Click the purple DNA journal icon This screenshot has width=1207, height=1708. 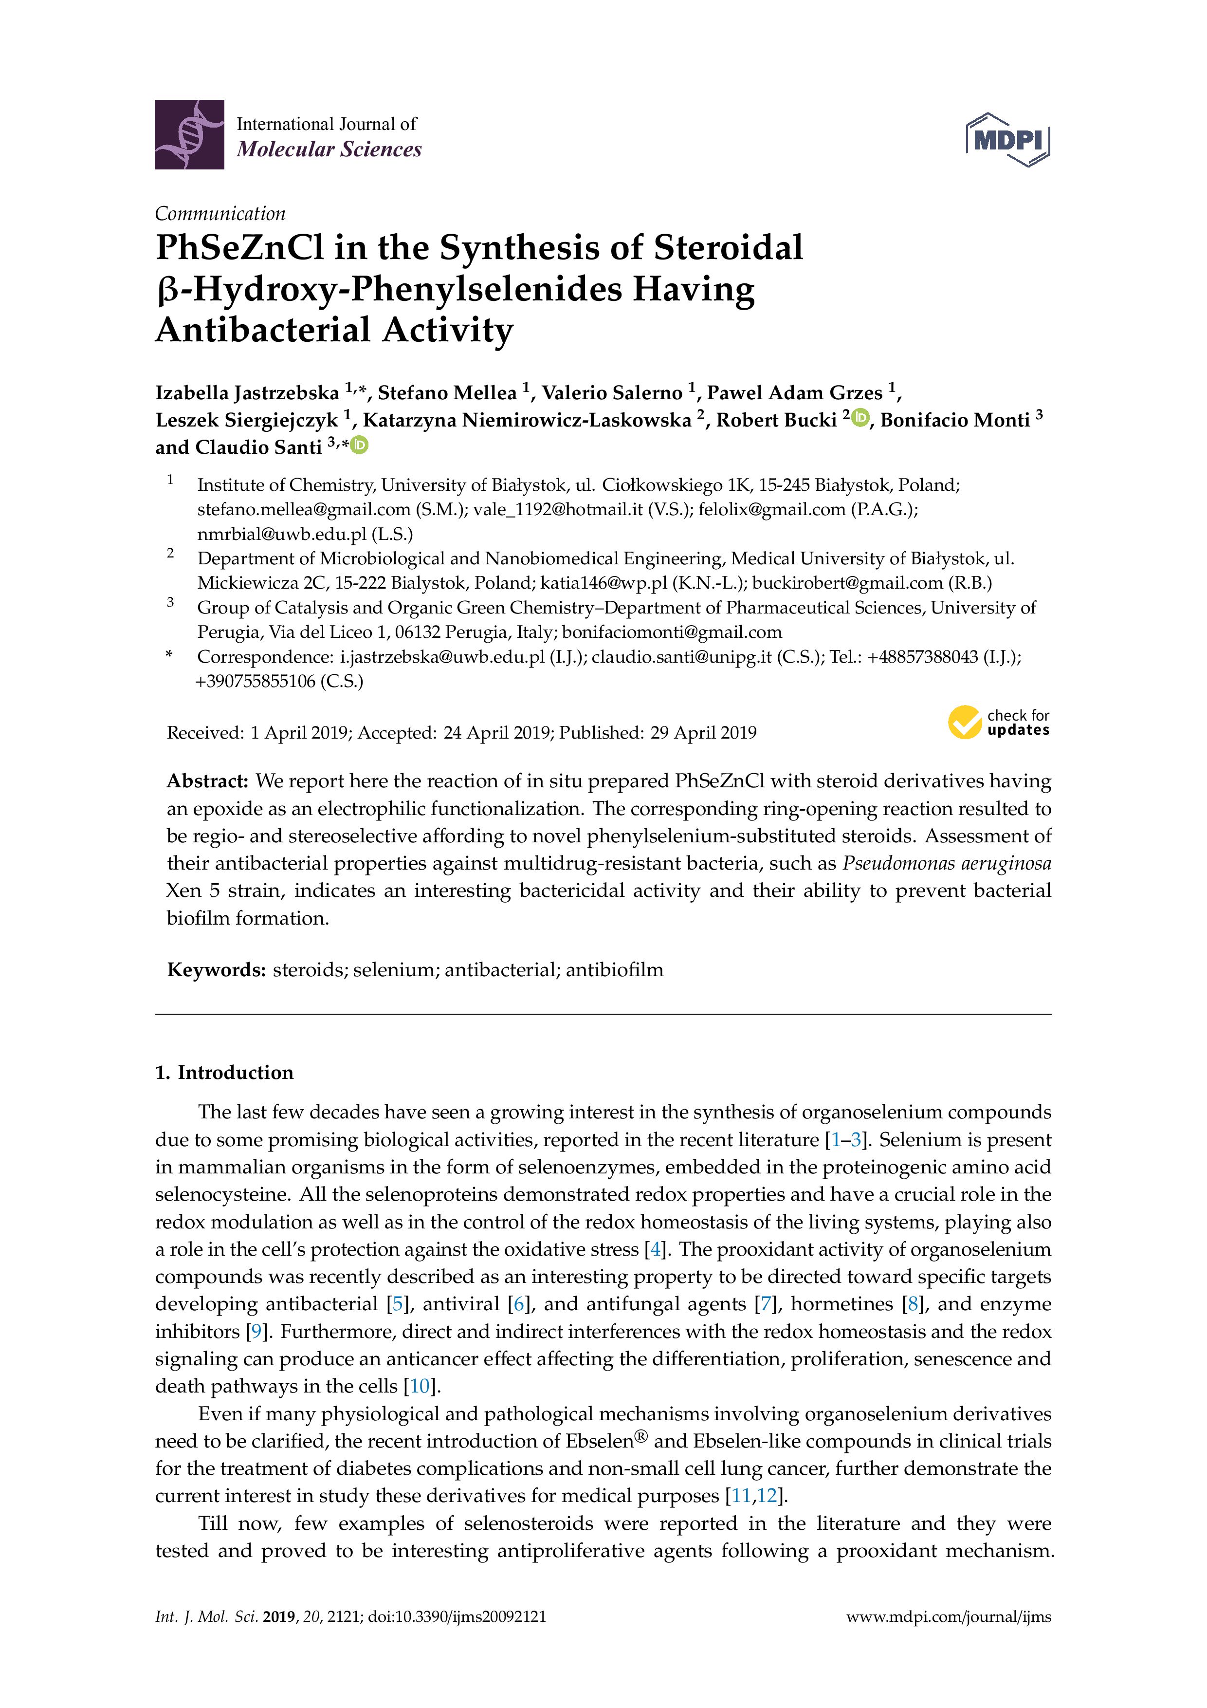coord(189,135)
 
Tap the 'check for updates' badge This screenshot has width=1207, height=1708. coord(998,723)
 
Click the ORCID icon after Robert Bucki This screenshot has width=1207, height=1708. coord(861,419)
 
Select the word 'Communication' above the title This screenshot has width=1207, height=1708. coord(220,214)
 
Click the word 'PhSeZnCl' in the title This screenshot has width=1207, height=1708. coord(239,248)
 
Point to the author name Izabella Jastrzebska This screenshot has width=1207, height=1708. coord(247,393)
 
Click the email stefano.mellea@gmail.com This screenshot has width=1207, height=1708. coord(303,510)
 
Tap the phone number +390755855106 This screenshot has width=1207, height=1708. coord(256,682)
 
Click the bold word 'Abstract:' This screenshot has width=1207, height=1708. coord(207,781)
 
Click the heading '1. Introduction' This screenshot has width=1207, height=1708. coord(224,1072)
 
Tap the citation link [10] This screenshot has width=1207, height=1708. coord(420,1386)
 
